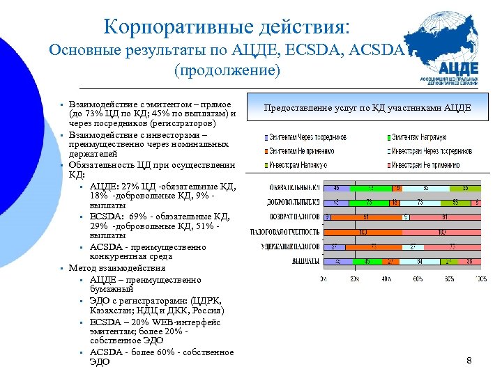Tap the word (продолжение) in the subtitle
click(227, 70)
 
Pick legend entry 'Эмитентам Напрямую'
click(418, 137)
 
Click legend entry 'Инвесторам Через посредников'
click(426, 150)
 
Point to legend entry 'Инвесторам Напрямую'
click(301, 164)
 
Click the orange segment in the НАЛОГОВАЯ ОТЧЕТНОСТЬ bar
click(363, 232)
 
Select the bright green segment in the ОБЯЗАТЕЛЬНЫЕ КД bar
click(372, 187)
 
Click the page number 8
click(469, 360)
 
